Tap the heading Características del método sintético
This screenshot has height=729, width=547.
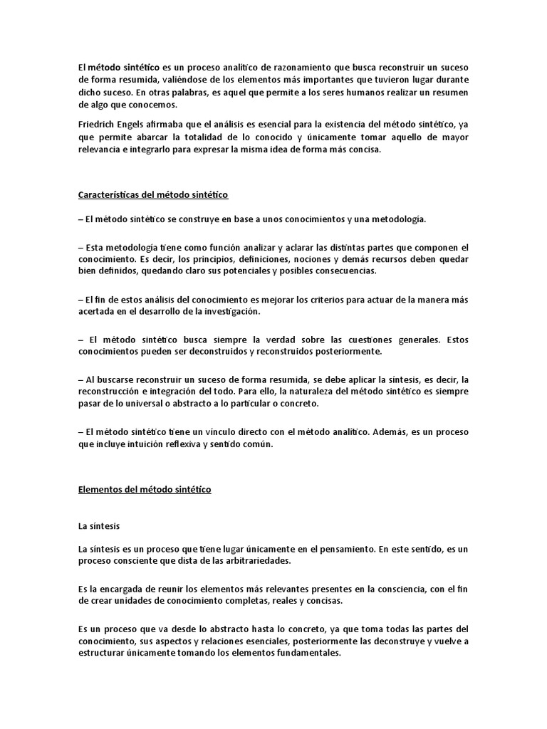(152, 194)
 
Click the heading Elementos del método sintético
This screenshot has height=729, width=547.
(145, 490)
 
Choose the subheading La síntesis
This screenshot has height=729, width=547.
(99, 527)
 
